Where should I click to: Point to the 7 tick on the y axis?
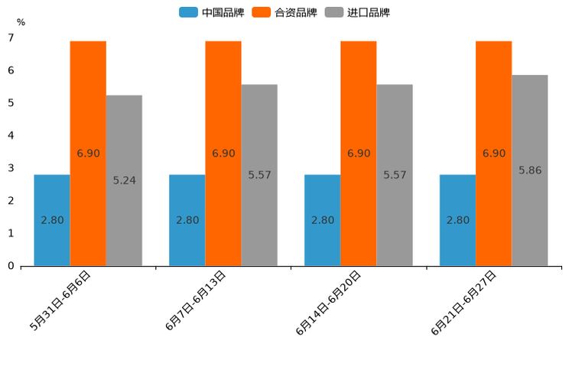tap(11, 37)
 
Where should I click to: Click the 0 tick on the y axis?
tap(11, 266)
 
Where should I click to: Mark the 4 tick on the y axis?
tap(11, 135)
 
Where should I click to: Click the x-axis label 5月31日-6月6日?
tap(61, 300)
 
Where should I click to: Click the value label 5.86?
tap(530, 170)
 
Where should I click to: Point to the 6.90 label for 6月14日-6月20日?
tap(359, 154)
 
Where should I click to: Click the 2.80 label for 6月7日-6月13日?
tap(187, 220)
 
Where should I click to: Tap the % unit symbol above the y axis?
tap(21, 22)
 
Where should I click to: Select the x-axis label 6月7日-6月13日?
tap(196, 300)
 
